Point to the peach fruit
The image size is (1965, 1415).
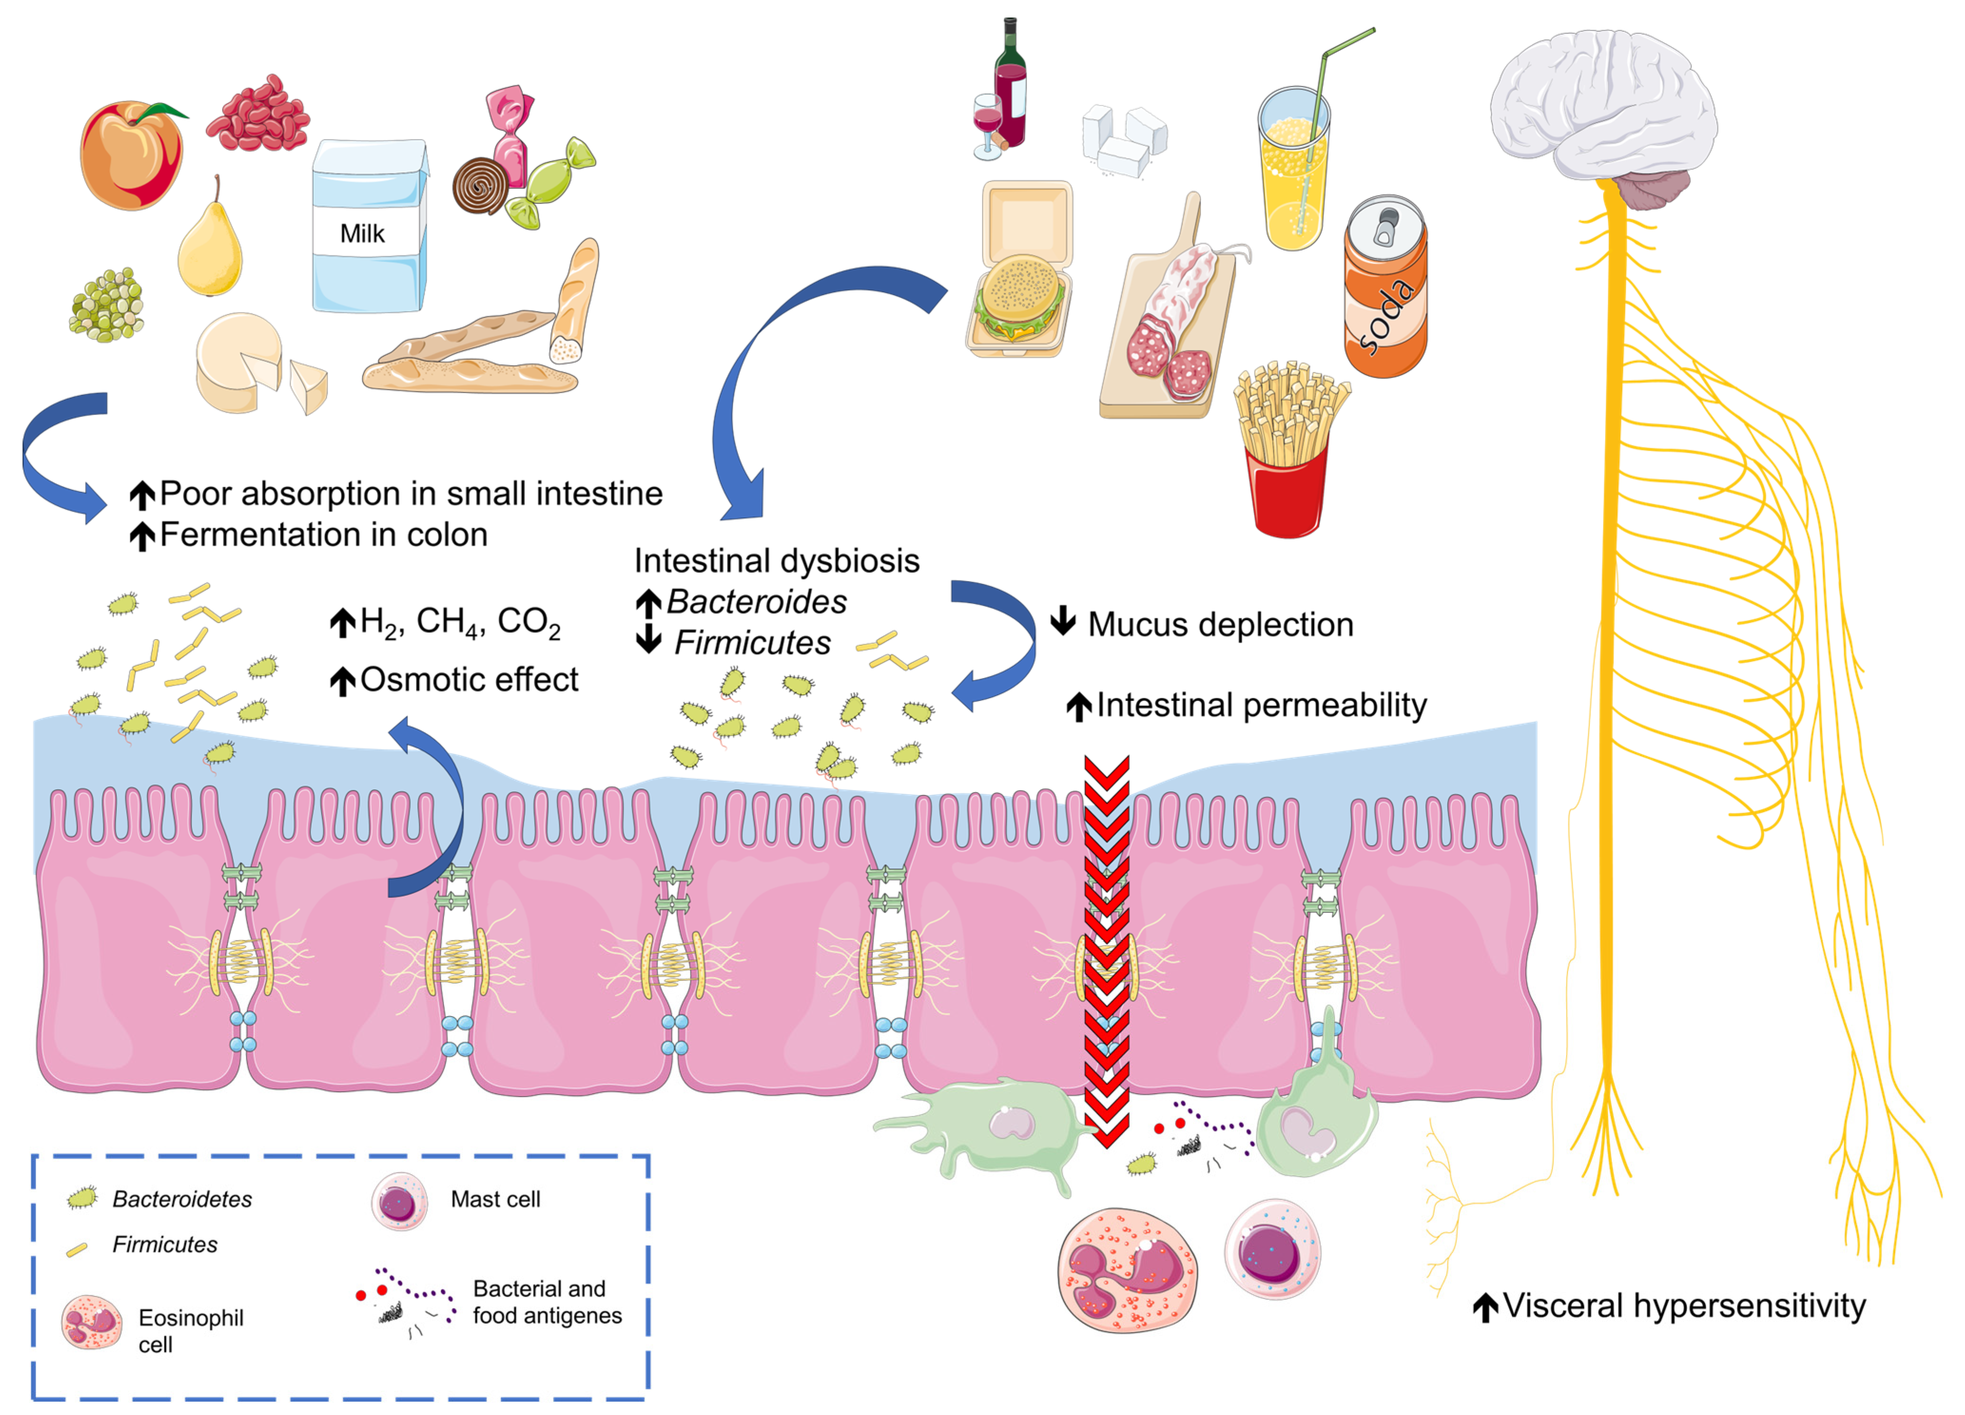pos(132,156)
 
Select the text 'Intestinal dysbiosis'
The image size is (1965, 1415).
pos(776,561)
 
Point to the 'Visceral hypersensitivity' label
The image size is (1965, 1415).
pos(1684,1305)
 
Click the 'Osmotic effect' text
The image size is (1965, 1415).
pos(469,679)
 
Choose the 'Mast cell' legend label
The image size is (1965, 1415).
pos(495,1199)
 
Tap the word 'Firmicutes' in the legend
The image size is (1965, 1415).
pos(165,1244)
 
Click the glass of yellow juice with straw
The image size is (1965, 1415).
pos(1294,169)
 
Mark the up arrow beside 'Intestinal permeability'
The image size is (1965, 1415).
pos(1079,706)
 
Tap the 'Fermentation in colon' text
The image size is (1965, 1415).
pos(323,534)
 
